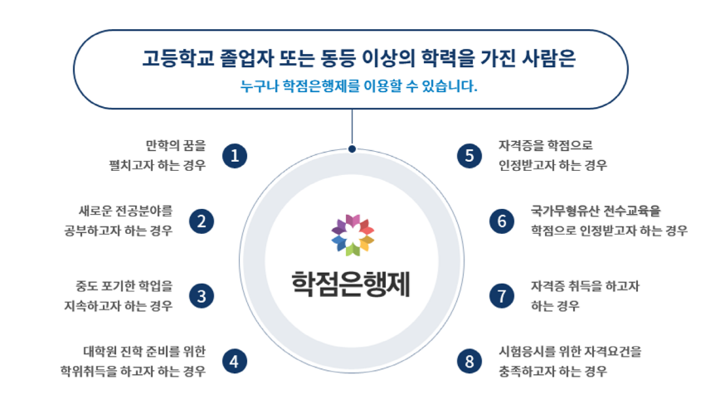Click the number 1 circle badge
tap(236, 155)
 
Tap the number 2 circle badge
tap(202, 221)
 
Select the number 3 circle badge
tap(202, 295)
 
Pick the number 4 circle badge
tap(236, 361)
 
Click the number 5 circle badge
tap(470, 155)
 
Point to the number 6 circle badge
tap(502, 221)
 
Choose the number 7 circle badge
tap(502, 295)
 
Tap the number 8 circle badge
tap(470, 361)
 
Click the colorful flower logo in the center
tap(353, 233)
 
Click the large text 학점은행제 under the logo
tap(352, 281)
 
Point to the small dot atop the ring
tap(353, 149)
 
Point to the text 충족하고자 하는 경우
tap(552, 371)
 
